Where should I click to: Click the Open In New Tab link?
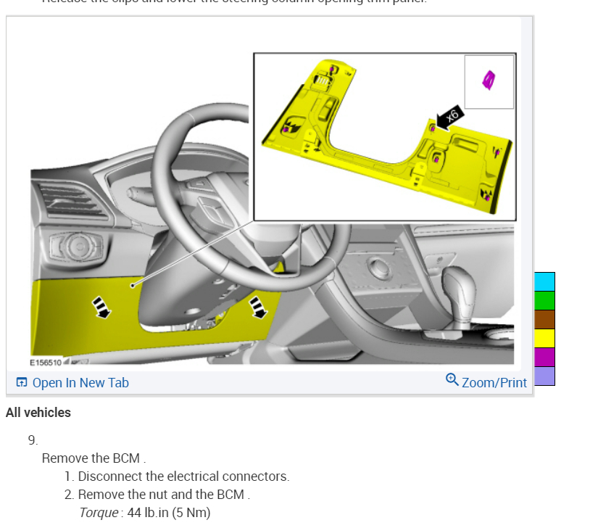click(x=80, y=383)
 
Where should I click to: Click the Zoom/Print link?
click(x=494, y=382)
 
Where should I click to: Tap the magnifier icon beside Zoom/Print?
click(x=452, y=380)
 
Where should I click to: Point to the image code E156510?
click(x=45, y=362)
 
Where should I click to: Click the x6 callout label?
click(x=450, y=117)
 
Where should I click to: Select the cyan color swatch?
click(x=544, y=281)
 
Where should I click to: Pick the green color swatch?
click(x=544, y=300)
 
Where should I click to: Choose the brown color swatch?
click(x=544, y=319)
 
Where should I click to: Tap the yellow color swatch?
click(x=544, y=338)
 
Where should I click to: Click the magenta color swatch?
click(x=544, y=357)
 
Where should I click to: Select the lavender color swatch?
click(x=544, y=376)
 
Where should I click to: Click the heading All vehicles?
click(x=38, y=413)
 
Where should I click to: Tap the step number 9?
click(x=33, y=440)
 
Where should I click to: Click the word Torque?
click(x=99, y=513)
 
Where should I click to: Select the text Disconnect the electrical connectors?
click(x=183, y=477)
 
